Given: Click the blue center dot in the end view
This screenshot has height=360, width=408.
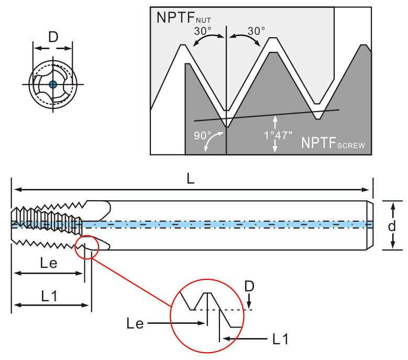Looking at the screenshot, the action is tap(53, 84).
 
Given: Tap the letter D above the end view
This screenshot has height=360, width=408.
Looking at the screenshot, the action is tap(53, 37).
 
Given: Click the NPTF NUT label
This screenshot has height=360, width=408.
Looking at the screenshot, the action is tap(184, 18).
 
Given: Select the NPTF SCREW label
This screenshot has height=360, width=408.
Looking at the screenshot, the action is tap(333, 143).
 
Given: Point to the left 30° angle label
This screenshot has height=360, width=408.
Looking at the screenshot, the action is tap(203, 31).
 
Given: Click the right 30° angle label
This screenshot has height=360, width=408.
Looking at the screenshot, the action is tap(256, 31).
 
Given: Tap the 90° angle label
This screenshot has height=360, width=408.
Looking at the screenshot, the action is tap(203, 136).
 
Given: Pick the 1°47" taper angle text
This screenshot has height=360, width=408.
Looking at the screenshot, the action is tap(278, 135).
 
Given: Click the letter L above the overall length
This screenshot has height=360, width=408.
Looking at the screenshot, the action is tap(191, 179).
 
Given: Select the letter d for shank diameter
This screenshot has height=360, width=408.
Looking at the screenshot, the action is tap(392, 226).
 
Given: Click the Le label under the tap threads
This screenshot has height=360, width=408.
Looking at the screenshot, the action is tap(49, 263).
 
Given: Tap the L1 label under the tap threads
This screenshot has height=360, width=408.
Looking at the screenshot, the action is tap(49, 296).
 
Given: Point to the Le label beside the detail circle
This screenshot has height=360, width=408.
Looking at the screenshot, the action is tap(135, 323).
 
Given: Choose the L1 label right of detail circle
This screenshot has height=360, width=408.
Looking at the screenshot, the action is tap(281, 339).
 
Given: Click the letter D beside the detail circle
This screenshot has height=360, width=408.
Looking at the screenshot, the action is tap(249, 286).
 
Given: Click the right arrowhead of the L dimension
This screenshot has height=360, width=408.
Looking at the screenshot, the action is tap(366, 190).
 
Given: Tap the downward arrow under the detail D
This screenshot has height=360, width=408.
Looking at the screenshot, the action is tap(249, 301).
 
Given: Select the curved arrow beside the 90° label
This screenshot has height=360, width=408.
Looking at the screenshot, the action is tap(213, 140).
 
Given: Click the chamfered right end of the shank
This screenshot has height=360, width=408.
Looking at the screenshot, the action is tap(370, 225).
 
